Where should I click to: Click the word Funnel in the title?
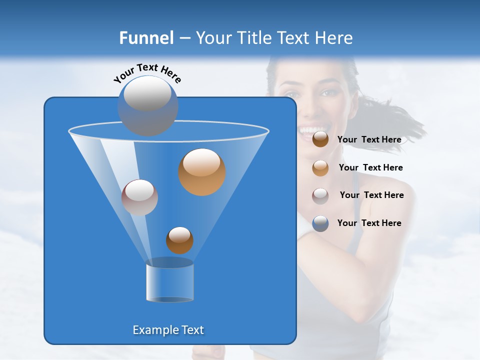click(x=146, y=38)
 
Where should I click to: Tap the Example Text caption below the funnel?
click(x=168, y=330)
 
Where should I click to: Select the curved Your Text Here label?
click(x=147, y=72)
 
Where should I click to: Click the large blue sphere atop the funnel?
click(x=148, y=106)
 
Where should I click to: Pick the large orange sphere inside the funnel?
click(x=202, y=172)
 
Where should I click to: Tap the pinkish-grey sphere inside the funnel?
click(x=139, y=197)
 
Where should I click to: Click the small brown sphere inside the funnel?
click(x=179, y=240)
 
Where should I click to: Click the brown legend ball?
click(x=320, y=139)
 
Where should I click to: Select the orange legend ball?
click(x=320, y=167)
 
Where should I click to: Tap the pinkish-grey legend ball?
click(x=320, y=195)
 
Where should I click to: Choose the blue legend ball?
click(x=320, y=223)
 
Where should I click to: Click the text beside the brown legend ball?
click(x=369, y=140)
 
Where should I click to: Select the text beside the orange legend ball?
click(x=370, y=168)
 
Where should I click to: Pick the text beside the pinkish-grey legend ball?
click(x=371, y=195)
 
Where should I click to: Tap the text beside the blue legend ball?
click(x=369, y=223)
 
